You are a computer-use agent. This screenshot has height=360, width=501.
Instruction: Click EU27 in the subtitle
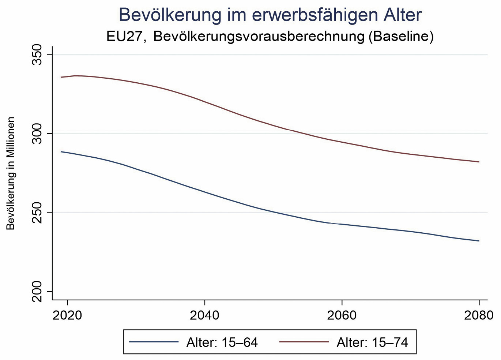(125, 37)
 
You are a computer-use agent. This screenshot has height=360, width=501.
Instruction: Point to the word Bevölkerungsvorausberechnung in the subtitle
(259, 37)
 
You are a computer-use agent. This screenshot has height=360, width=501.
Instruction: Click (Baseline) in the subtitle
(401, 37)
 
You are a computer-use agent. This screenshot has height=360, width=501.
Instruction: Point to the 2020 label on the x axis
(67, 315)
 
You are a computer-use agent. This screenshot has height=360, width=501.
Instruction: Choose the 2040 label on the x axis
(204, 315)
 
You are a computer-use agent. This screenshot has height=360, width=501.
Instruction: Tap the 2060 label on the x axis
(342, 315)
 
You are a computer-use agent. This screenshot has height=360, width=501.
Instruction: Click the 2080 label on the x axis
(479, 315)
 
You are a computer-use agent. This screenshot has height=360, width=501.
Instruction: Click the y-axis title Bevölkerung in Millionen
(11, 173)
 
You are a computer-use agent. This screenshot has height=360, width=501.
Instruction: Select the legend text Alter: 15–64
(222, 342)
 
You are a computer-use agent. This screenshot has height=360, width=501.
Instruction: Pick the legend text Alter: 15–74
(372, 342)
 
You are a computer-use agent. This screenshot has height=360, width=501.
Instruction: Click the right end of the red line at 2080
(478, 162)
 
